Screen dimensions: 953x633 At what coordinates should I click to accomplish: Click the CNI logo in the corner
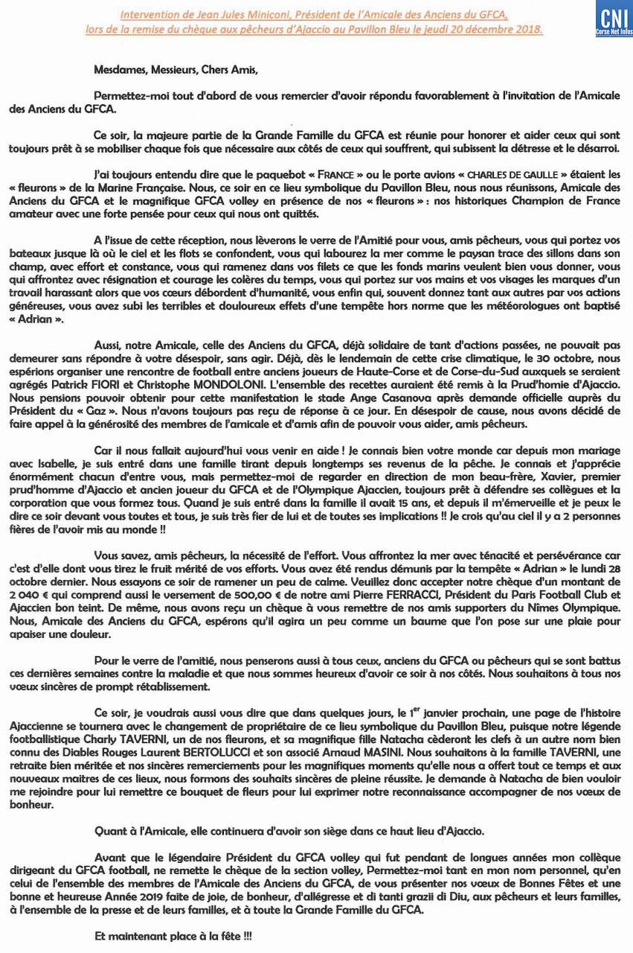[x=614, y=19]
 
